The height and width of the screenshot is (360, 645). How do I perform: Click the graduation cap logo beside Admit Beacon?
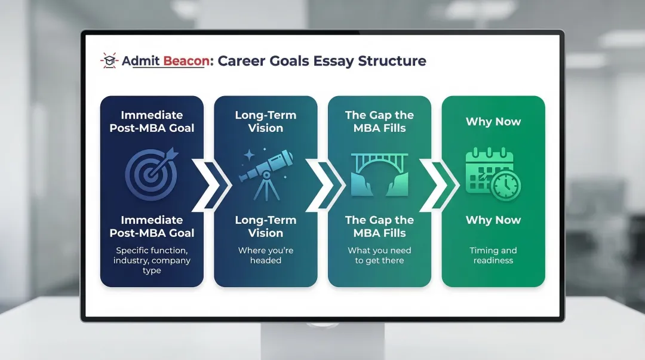(109, 61)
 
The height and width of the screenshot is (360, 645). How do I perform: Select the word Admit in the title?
(140, 61)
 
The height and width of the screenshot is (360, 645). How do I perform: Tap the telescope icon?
(266, 173)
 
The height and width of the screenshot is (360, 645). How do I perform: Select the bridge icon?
(379, 174)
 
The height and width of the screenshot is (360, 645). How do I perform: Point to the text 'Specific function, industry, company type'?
(152, 260)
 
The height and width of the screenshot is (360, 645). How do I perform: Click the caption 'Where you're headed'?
(266, 256)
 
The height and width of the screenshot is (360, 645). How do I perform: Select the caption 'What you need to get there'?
(379, 256)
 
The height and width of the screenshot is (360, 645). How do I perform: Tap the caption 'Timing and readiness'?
(493, 256)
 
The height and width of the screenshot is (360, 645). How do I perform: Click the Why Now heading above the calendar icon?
(493, 122)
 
